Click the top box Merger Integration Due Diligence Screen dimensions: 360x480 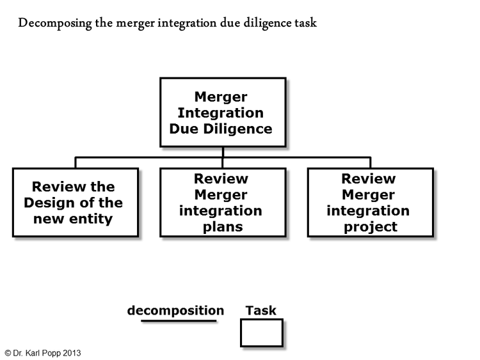point(222,113)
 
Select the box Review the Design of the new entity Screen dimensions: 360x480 point(76,203)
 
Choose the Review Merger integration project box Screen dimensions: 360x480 point(370,203)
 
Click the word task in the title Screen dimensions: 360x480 point(304,24)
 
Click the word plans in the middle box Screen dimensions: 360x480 point(221,226)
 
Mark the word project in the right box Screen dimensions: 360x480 point(371,226)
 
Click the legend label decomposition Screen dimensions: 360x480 point(175,311)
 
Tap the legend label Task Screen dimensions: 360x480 point(260,311)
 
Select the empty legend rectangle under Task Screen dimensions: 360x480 point(261,333)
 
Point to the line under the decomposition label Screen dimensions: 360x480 point(179,321)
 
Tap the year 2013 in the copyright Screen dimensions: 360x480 point(72,353)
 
